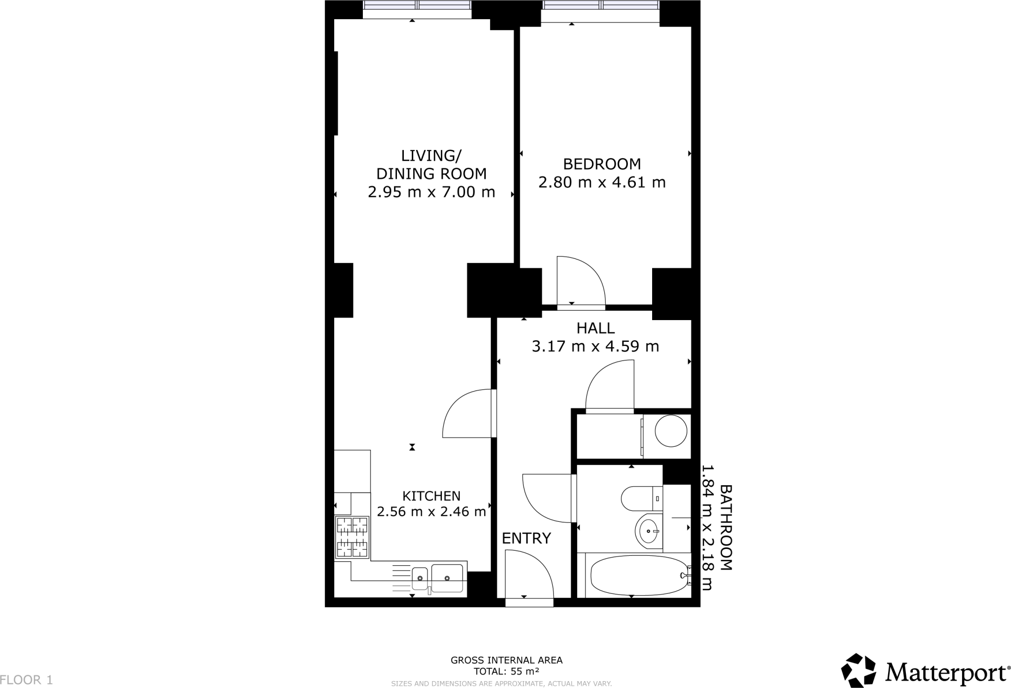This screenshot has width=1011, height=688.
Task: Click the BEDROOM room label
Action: click(602, 164)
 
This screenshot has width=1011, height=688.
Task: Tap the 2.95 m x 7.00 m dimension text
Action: click(431, 192)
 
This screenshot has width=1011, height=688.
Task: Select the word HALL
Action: click(595, 328)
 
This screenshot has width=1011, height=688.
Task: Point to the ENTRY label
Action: click(526, 538)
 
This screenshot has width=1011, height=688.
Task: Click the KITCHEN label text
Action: click(431, 496)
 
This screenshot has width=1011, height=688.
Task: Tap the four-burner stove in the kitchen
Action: click(352, 537)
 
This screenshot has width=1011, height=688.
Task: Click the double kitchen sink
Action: click(437, 578)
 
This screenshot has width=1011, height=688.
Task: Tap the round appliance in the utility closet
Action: click(670, 431)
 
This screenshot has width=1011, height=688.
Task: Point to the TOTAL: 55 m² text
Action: click(506, 671)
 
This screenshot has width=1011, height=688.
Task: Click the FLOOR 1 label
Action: click(27, 680)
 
